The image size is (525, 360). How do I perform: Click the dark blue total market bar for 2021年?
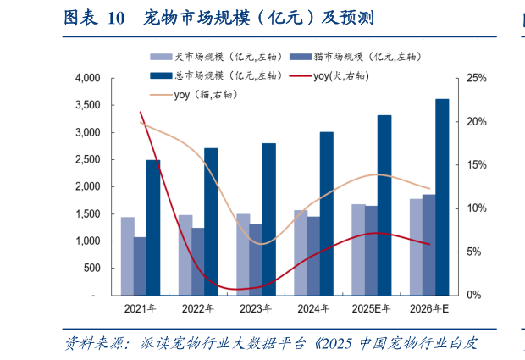(x=153, y=227)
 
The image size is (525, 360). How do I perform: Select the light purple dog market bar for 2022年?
(x=185, y=254)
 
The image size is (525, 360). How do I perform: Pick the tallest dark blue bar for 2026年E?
(x=441, y=197)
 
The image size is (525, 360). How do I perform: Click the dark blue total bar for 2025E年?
(x=384, y=205)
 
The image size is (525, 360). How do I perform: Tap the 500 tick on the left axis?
(x=93, y=268)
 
